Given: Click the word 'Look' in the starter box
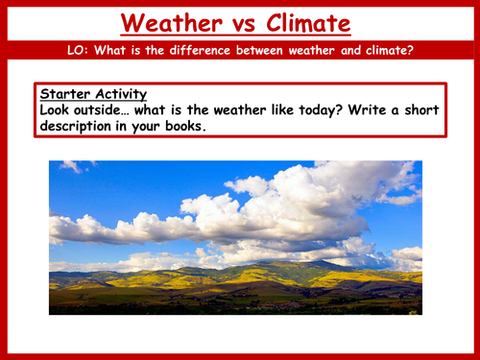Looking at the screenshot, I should tap(60, 109).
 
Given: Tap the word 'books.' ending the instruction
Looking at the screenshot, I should tap(183, 125).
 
